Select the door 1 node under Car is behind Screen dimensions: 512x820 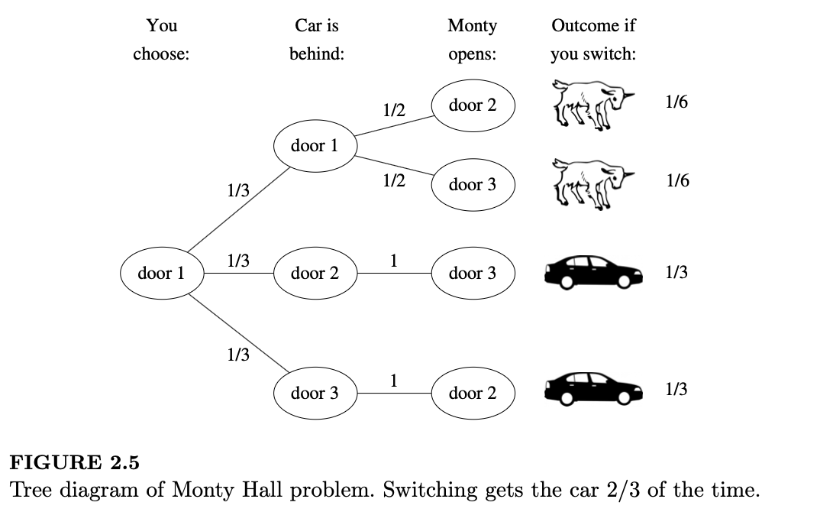click(x=314, y=146)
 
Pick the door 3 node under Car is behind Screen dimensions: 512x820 click(x=314, y=394)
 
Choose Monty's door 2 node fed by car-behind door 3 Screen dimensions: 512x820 click(x=472, y=394)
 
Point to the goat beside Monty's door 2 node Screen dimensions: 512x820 click(x=593, y=105)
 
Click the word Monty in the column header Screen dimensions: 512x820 click(x=472, y=26)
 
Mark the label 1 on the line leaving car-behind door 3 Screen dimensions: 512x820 click(x=393, y=380)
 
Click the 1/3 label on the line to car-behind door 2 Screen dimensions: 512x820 click(x=238, y=261)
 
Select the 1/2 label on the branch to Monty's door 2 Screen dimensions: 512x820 click(x=393, y=110)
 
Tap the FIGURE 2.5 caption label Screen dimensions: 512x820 click(x=74, y=462)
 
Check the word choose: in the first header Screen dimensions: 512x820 click(x=161, y=55)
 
